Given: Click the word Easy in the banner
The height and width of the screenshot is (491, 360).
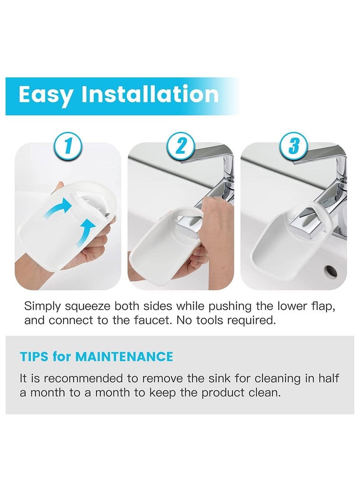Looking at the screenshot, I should [x=46, y=95].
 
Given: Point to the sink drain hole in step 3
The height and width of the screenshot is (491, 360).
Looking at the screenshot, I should [x=331, y=271].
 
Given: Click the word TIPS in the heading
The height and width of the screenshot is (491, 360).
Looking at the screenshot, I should [x=34, y=357].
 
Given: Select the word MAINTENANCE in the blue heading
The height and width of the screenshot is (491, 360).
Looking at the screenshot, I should [x=124, y=357].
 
